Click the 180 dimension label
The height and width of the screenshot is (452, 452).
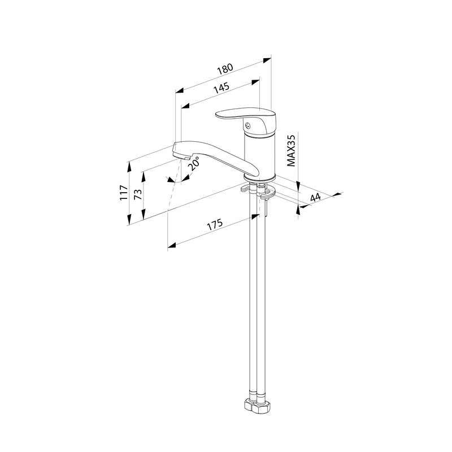(225, 69)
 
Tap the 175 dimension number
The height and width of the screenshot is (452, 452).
(215, 224)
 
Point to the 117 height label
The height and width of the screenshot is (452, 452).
(124, 193)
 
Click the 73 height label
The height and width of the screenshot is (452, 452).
(138, 194)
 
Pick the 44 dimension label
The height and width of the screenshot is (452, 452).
(315, 198)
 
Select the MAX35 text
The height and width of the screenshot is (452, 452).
(291, 150)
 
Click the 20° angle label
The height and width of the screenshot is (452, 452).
(193, 163)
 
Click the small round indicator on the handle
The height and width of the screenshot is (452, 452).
(247, 125)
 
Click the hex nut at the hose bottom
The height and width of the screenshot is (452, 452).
(258, 407)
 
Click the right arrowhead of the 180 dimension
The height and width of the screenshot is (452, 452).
(267, 60)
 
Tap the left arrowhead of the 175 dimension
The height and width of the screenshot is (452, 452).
(172, 245)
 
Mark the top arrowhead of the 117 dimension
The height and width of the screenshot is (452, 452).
(129, 166)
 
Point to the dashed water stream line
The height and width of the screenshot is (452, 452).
(174, 185)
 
